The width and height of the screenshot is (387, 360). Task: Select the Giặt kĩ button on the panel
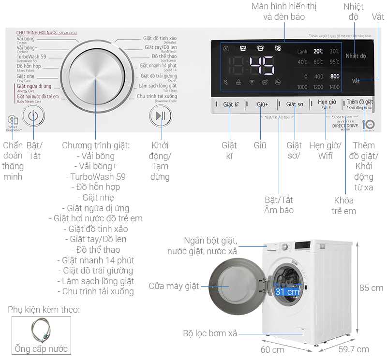click(231, 104)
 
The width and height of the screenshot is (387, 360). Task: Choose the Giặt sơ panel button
click(295, 104)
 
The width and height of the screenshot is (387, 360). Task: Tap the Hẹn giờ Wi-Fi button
click(327, 104)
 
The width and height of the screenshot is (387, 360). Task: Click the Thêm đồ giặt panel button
click(359, 103)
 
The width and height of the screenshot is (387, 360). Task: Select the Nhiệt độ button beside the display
click(356, 56)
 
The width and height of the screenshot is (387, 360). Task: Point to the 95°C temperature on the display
click(334, 62)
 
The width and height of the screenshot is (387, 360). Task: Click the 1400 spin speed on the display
click(334, 87)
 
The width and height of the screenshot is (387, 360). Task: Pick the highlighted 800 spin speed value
click(334, 76)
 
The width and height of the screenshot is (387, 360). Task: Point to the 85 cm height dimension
click(371, 288)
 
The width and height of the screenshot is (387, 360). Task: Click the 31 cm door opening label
click(287, 292)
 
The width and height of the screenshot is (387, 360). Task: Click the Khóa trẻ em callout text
click(343, 205)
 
